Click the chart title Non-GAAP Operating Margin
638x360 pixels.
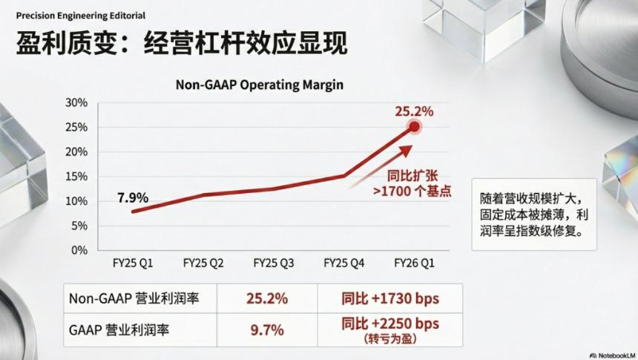coord(259,85)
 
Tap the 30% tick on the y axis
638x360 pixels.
coord(77,102)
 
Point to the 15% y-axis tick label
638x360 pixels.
coord(77,176)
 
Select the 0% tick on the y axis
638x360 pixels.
coord(80,249)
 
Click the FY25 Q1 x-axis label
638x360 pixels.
coord(133,264)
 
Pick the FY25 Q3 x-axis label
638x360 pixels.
coord(274,264)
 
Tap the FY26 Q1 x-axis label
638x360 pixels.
coord(414,264)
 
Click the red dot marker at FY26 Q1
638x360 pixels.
coord(414,127)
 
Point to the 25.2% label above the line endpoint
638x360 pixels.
coord(413,111)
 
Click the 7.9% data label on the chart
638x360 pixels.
coord(133,197)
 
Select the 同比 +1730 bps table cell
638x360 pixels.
coord(390,298)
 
